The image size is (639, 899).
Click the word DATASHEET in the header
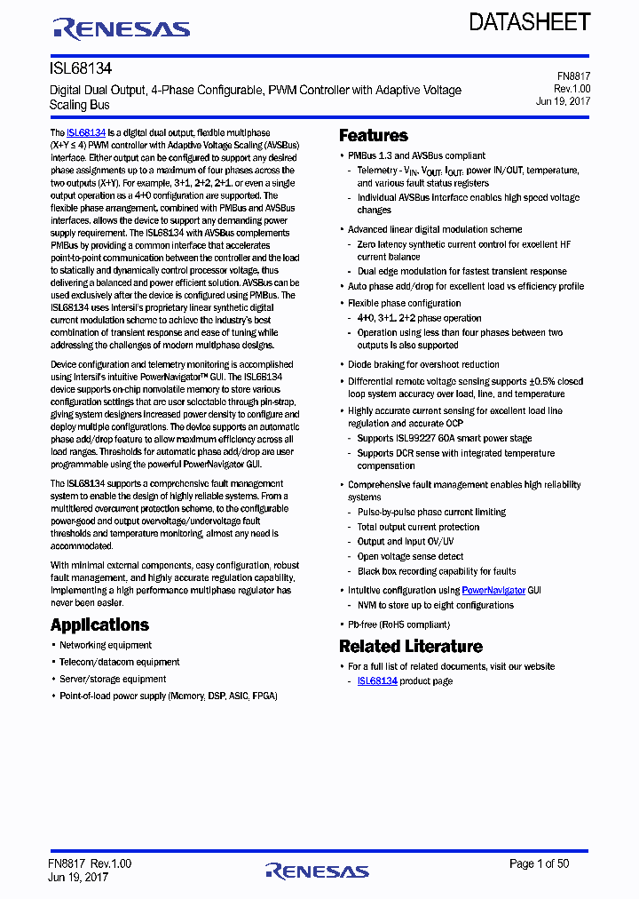[x=530, y=22]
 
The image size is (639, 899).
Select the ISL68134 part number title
[x=80, y=68]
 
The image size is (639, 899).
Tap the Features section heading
[x=374, y=136]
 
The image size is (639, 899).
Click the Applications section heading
[x=99, y=625]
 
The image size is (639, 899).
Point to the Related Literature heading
[x=411, y=646]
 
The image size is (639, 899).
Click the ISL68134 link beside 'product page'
[x=377, y=681]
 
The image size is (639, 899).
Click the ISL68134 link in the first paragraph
[x=86, y=132]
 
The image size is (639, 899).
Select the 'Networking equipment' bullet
[x=106, y=645]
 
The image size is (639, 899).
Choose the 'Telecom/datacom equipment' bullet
[x=119, y=662]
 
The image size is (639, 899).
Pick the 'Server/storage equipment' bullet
[x=113, y=679]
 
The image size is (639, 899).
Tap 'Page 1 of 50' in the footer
[x=539, y=863]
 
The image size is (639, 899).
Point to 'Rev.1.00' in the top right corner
[x=572, y=89]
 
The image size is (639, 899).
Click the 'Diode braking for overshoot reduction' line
[x=423, y=364]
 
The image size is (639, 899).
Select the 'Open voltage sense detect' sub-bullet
[x=410, y=556]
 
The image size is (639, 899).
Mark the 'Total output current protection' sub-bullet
[x=418, y=527]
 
